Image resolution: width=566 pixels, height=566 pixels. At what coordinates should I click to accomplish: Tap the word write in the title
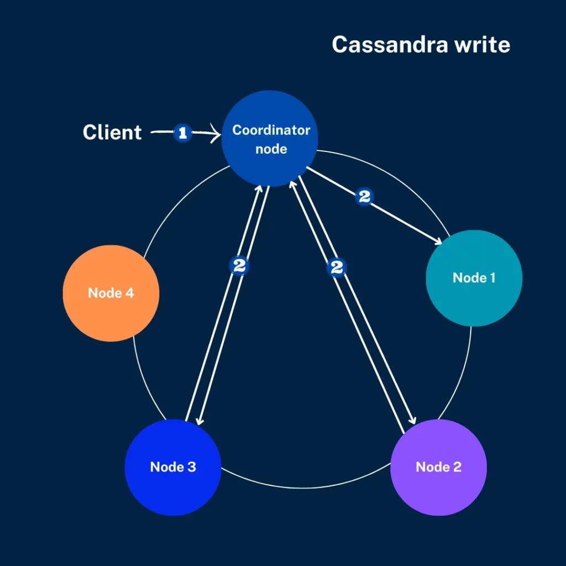coord(482,45)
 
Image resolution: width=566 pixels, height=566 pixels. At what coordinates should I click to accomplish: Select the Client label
coord(112,133)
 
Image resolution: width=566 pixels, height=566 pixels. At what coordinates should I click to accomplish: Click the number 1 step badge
coord(183,133)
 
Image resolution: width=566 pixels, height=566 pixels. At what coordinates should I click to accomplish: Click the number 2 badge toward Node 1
coord(364,197)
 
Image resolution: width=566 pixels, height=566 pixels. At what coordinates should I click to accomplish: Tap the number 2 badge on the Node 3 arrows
coord(239,266)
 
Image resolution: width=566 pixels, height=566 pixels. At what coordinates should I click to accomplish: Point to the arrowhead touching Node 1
coord(439,241)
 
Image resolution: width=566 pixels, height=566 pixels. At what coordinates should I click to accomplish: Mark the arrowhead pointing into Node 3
coord(198,423)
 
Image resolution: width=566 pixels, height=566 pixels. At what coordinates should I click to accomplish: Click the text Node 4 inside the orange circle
coord(111,293)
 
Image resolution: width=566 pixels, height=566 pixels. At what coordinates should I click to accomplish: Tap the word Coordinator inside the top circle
coord(271,130)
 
